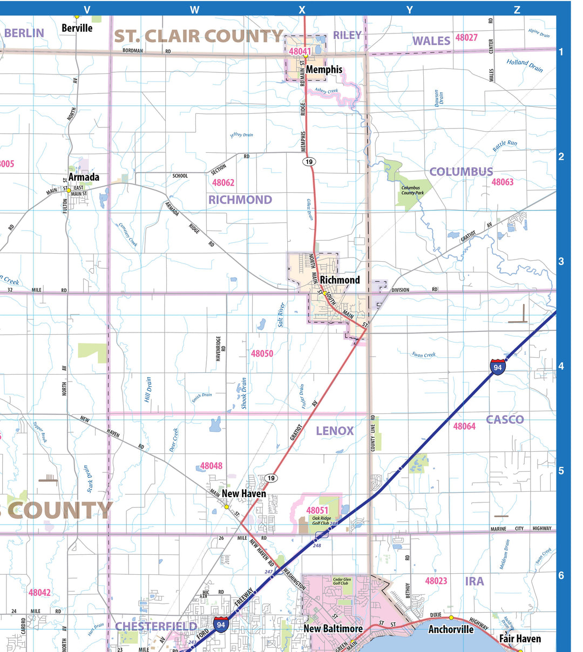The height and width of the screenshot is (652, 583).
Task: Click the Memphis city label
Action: coord(324,70)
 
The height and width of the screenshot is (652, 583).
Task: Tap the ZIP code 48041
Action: coord(300,52)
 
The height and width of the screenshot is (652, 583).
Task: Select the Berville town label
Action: coord(77,28)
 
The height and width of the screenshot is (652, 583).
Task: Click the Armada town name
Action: coord(84,177)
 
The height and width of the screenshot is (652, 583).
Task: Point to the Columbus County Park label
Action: coord(412,191)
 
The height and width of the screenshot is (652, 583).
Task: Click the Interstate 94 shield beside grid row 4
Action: coord(498,367)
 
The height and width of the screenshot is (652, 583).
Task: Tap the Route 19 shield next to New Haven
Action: coord(271,478)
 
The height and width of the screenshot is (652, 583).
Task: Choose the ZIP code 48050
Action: coord(262,354)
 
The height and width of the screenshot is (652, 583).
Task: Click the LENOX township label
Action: coord(335,431)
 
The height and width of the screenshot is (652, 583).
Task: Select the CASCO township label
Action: coord(505,419)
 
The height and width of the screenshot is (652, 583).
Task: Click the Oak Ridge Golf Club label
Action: coord(322,520)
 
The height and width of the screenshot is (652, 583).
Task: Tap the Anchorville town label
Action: coord(451,629)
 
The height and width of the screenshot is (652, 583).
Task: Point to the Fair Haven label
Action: coord(520,639)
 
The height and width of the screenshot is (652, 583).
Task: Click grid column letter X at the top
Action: coord(302,10)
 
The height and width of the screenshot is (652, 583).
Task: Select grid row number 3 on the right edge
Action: coord(561,261)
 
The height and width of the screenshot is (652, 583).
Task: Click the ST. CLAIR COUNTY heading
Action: coord(198,36)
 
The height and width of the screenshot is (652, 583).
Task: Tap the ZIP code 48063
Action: coord(502,182)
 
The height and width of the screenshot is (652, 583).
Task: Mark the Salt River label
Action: coord(281,315)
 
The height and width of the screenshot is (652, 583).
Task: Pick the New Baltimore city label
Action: coord(333,629)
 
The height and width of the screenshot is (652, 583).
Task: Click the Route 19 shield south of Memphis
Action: coord(309,162)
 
